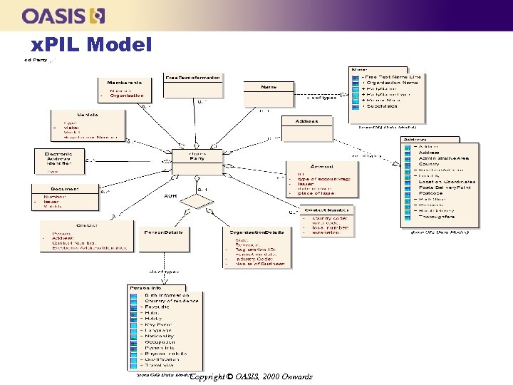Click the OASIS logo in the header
63,15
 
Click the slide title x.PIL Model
92,46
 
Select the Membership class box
124,89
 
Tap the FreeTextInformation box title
192,77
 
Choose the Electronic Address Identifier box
59,160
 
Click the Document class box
65,196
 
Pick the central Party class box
197,162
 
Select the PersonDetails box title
163,232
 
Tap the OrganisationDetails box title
256,232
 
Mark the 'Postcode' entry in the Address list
431,193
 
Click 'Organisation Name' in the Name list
391,83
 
